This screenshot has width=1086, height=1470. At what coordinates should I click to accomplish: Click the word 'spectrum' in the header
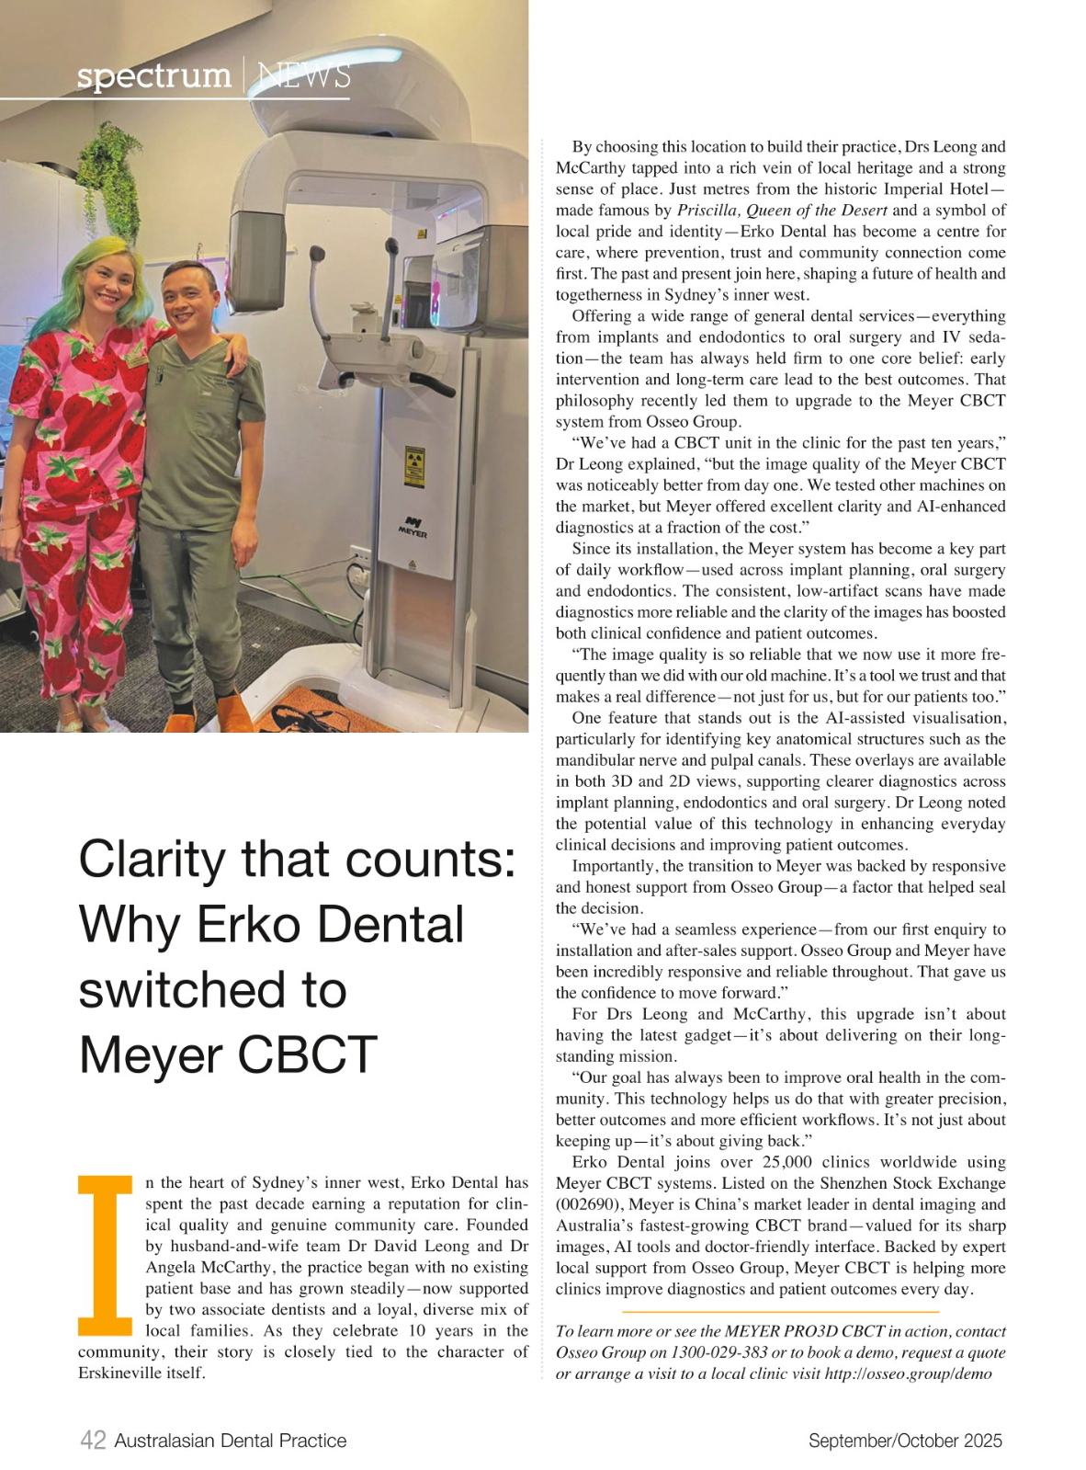point(153,75)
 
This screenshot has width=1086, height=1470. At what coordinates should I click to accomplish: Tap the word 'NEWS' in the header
point(304,75)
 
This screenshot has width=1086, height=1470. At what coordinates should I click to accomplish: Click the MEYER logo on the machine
point(413,527)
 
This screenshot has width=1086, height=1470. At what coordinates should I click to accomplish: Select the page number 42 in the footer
point(93,1441)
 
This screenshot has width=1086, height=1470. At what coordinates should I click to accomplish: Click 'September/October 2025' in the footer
point(904,1441)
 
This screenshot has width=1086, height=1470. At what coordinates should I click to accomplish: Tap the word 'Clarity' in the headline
point(152,860)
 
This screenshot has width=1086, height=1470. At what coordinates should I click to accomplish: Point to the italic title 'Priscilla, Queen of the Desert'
point(782,211)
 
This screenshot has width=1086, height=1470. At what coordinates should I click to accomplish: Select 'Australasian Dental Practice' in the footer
point(230,1441)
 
